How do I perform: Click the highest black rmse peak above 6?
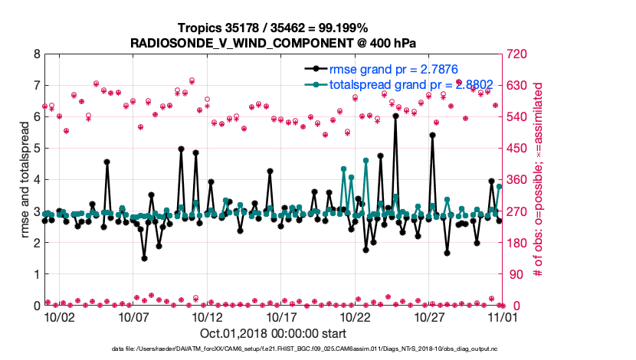(395, 116)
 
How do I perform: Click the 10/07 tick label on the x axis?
(133, 316)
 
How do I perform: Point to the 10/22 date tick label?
(356, 316)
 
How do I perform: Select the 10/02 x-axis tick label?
(59, 316)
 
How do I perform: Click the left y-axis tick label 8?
(36, 54)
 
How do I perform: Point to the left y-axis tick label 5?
(36, 149)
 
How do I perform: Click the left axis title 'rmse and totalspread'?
(24, 180)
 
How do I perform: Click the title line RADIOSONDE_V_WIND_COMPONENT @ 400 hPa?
(274, 42)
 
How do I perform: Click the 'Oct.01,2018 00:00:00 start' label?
(274, 333)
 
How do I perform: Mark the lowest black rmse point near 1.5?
(144, 258)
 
